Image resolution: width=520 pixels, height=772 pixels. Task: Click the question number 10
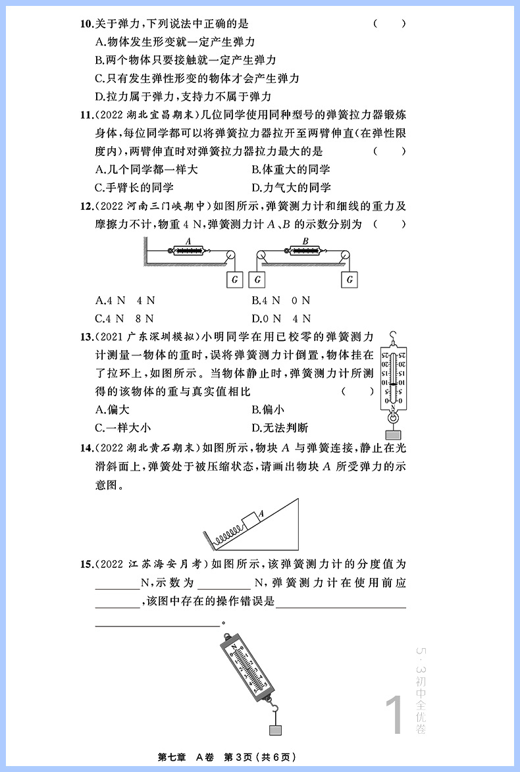pyautogui.click(x=86, y=24)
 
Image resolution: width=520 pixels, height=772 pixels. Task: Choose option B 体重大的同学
pyautogui.click(x=291, y=170)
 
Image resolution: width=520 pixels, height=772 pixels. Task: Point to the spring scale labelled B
pyautogui.click(x=304, y=251)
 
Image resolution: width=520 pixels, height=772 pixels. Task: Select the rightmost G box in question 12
pyautogui.click(x=350, y=279)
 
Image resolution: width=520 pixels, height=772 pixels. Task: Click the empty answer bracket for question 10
pyautogui.click(x=389, y=24)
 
